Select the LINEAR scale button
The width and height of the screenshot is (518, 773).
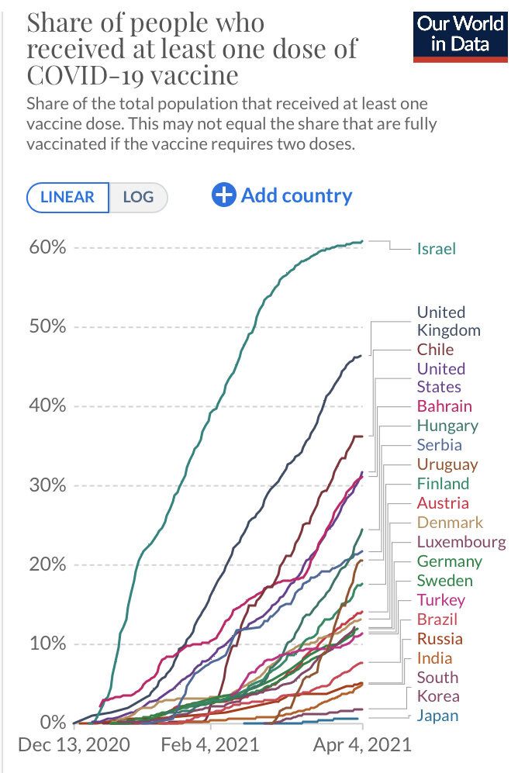(67, 197)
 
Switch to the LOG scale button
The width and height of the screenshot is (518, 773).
(138, 197)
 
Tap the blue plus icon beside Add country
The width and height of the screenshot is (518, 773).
(223, 195)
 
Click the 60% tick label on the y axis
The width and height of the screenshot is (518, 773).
(47, 247)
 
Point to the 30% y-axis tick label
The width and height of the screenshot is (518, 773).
(47, 485)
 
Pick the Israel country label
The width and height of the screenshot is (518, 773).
(437, 249)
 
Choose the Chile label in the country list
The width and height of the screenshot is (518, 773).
(435, 349)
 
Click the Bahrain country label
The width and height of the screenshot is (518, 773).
(444, 405)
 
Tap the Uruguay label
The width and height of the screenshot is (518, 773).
(447, 464)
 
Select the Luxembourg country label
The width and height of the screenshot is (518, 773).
(461, 542)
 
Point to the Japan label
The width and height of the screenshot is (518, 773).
(437, 716)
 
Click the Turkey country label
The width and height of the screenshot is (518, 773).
(441, 600)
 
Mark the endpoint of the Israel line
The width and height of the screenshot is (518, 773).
(362, 241)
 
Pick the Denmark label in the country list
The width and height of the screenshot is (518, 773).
(450, 523)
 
